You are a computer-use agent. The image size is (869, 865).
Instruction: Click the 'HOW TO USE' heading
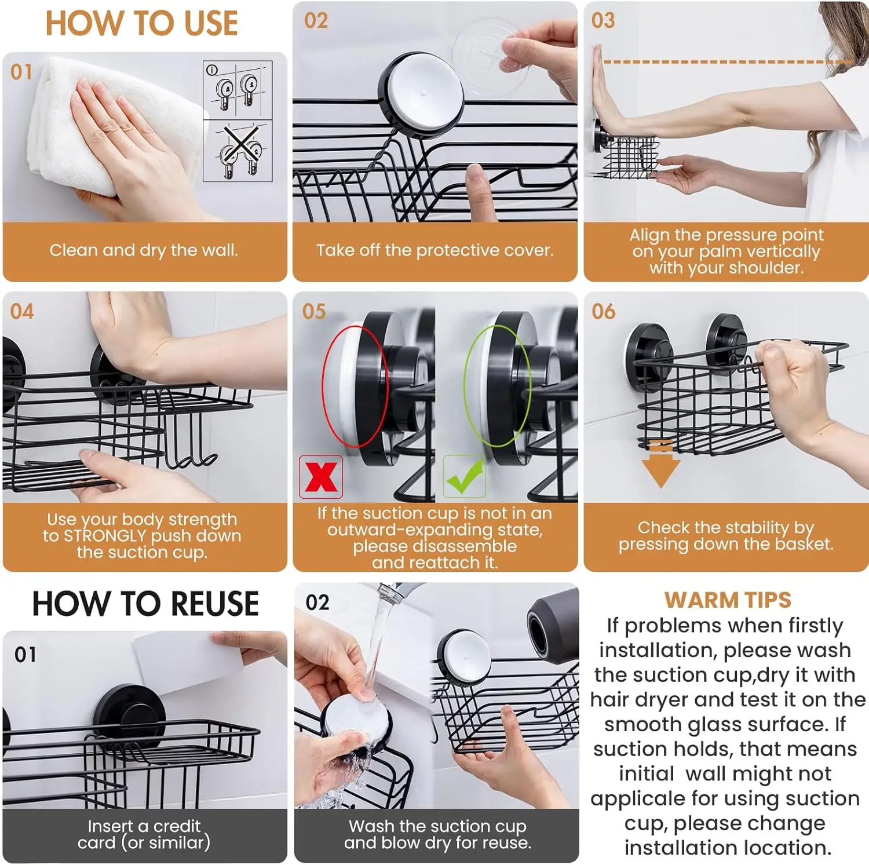pyautogui.click(x=141, y=23)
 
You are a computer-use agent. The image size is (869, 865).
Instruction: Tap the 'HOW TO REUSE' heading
pyautogui.click(x=145, y=604)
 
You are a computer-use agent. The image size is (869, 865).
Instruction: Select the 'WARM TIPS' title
pyautogui.click(x=728, y=600)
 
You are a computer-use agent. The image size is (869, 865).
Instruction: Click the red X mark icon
pyautogui.click(x=321, y=477)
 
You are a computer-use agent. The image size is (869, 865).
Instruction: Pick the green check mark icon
pyautogui.click(x=465, y=476)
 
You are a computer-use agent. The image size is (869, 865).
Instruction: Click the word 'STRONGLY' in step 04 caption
pyautogui.click(x=105, y=536)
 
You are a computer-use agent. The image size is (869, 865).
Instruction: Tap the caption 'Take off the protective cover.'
pyautogui.click(x=435, y=250)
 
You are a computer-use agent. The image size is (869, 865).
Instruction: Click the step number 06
pyautogui.click(x=603, y=312)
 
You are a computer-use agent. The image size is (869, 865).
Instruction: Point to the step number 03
pyautogui.click(x=603, y=21)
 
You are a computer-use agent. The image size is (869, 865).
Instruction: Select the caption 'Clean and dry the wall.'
pyautogui.click(x=144, y=250)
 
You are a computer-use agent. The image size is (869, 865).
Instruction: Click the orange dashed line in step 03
pyautogui.click(x=727, y=62)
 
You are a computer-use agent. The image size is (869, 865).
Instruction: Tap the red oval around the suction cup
pyautogui.click(x=354, y=386)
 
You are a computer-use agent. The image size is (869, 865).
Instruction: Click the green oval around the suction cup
pyautogui.click(x=497, y=386)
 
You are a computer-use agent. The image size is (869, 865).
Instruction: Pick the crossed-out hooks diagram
pyautogui.click(x=238, y=151)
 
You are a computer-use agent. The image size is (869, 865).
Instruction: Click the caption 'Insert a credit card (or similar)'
pyautogui.click(x=144, y=834)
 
